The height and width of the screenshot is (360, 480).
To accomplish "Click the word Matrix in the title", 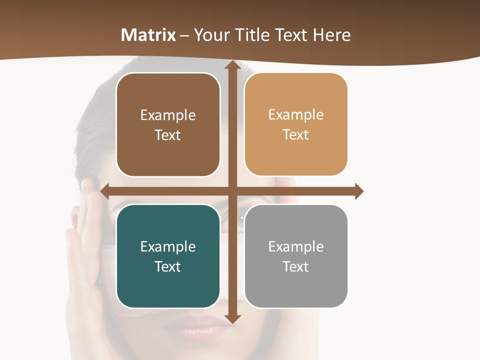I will click(x=148, y=35).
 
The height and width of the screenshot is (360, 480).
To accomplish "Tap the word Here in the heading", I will click(x=332, y=35).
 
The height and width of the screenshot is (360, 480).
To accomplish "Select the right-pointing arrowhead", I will click(x=358, y=191).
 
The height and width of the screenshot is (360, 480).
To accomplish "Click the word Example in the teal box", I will click(x=168, y=247).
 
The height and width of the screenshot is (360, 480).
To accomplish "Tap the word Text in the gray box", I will click(x=296, y=266).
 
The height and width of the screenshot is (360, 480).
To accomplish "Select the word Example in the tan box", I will click(x=296, y=115).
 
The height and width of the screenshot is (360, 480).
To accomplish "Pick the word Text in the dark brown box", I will click(x=168, y=135).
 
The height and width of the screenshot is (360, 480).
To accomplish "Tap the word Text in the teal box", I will click(x=168, y=266).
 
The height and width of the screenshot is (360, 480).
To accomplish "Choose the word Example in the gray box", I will click(x=296, y=247).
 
